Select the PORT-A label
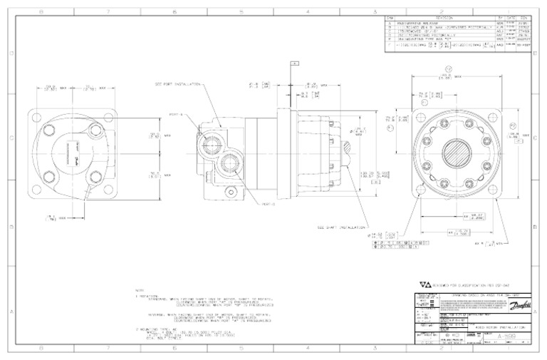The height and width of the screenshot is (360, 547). pyautogui.click(x=194, y=113)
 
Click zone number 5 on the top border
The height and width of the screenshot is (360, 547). pyautogui.click(x=241, y=12)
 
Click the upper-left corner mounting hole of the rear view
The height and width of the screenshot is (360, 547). pyautogui.click(x=42, y=118)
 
